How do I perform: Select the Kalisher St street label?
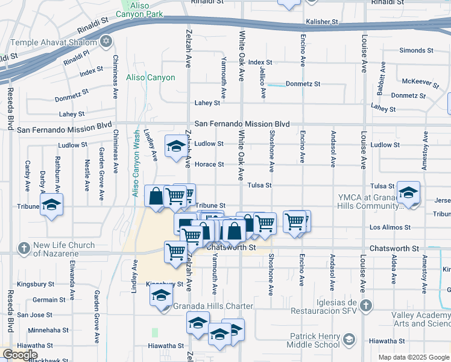pyautogui.click(x=323, y=22)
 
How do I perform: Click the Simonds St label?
pyautogui.click(x=412, y=50)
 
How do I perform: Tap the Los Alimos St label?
pyautogui.click(x=389, y=227)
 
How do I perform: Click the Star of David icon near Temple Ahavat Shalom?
pyautogui.click(x=107, y=42)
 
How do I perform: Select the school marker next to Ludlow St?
pyautogui.click(x=176, y=146)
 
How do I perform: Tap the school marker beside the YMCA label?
pyautogui.click(x=408, y=193)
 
